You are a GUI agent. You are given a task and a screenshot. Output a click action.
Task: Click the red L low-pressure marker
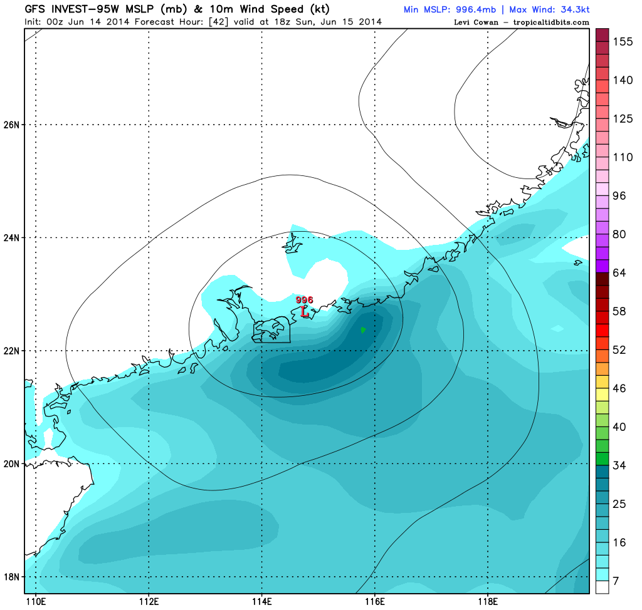305,311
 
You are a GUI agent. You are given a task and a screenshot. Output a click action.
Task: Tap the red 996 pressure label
304,301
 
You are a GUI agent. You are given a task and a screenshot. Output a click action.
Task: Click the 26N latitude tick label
12,125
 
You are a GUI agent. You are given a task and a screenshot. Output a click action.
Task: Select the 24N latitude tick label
12,238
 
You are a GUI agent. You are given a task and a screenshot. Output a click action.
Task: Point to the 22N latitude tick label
12,351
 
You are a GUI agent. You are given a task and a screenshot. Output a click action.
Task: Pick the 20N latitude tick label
12,464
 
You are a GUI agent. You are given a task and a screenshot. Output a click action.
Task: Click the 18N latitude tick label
12,577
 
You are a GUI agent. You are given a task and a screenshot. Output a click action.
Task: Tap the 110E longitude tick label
36,602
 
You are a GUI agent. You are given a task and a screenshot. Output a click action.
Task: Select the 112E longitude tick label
149,602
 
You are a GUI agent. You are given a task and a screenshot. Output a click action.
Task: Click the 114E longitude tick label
261,602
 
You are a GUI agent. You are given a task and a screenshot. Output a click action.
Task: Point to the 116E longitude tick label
375,602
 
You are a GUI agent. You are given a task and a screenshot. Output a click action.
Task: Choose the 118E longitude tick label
488,602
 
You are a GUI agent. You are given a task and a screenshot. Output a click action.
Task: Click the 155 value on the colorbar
623,42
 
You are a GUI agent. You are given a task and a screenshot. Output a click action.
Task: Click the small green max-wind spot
363,329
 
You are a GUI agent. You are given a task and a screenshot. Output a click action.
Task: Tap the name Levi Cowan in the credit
476,23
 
